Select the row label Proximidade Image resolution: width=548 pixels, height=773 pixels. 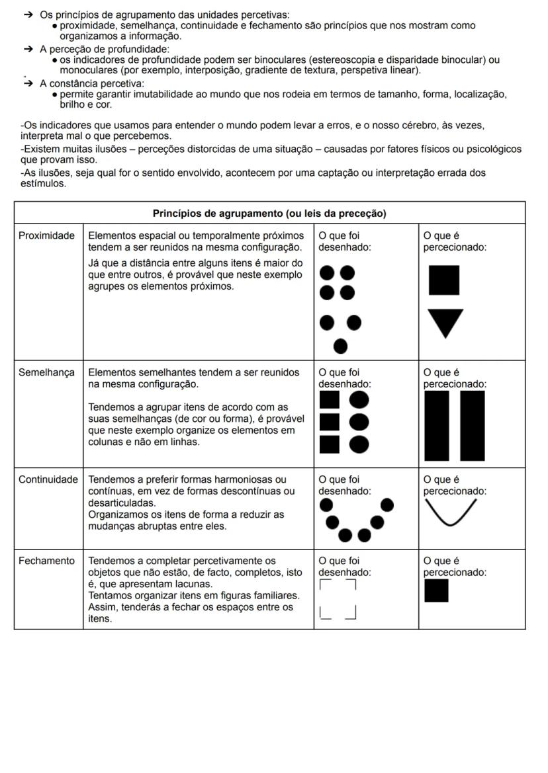[46, 235]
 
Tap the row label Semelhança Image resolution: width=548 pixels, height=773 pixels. [46, 372]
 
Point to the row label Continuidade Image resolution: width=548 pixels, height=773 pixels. [48, 479]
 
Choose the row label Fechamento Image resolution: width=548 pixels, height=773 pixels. [46, 561]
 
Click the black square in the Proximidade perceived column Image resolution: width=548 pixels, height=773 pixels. [444, 280]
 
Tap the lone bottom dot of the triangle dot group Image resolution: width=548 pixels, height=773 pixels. [341, 346]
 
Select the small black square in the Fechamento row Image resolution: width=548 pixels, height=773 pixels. [436, 590]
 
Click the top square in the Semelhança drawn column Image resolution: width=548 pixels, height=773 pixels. [330, 399]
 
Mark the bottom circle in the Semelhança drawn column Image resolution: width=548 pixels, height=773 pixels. [359, 444]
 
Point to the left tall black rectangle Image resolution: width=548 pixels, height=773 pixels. [437, 425]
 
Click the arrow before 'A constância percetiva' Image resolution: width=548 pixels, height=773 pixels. [28, 84]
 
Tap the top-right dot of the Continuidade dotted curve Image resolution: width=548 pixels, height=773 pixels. [388, 506]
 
